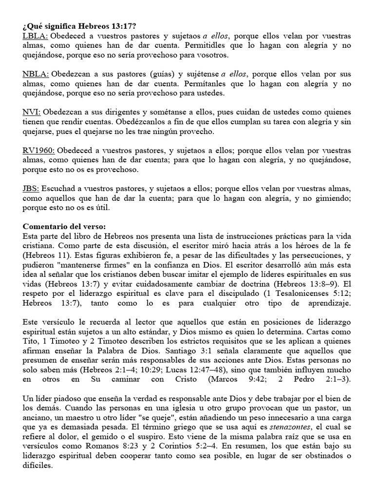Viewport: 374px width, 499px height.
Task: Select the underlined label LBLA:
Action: tap(35, 37)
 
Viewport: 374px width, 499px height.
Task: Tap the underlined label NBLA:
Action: tap(36, 74)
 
